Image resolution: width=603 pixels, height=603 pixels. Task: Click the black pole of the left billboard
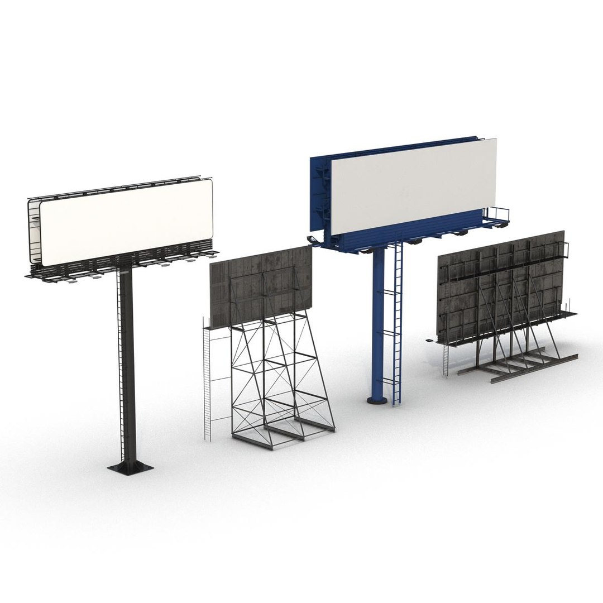click(x=127, y=363)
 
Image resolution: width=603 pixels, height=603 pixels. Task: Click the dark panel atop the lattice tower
click(x=261, y=285)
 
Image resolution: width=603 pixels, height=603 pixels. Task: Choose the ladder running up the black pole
click(x=119, y=357)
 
